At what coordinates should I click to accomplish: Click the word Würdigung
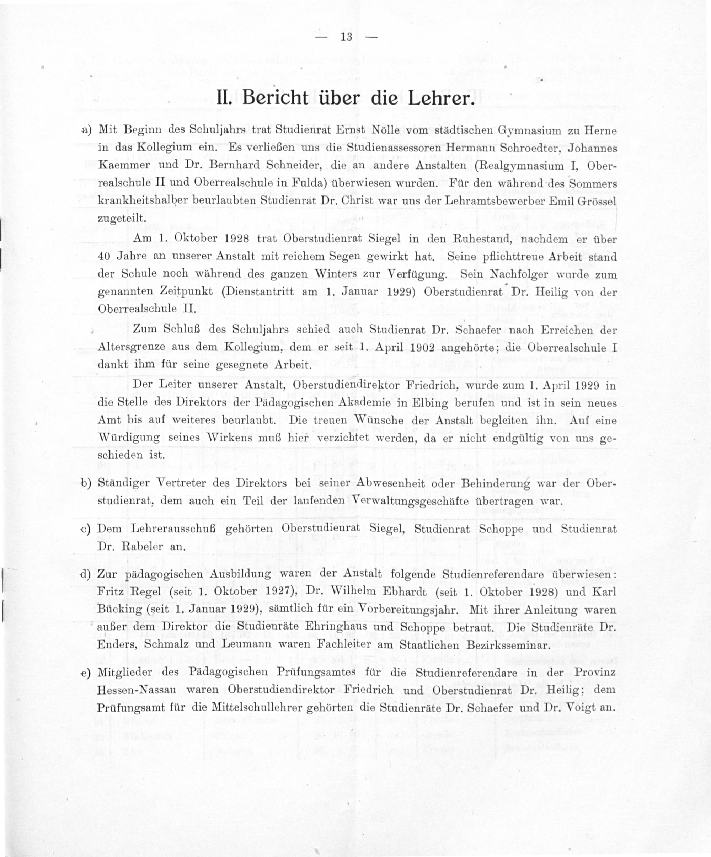click(x=129, y=438)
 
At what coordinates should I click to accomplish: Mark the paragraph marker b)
click(x=86, y=483)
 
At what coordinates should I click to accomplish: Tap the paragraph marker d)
click(x=86, y=574)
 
